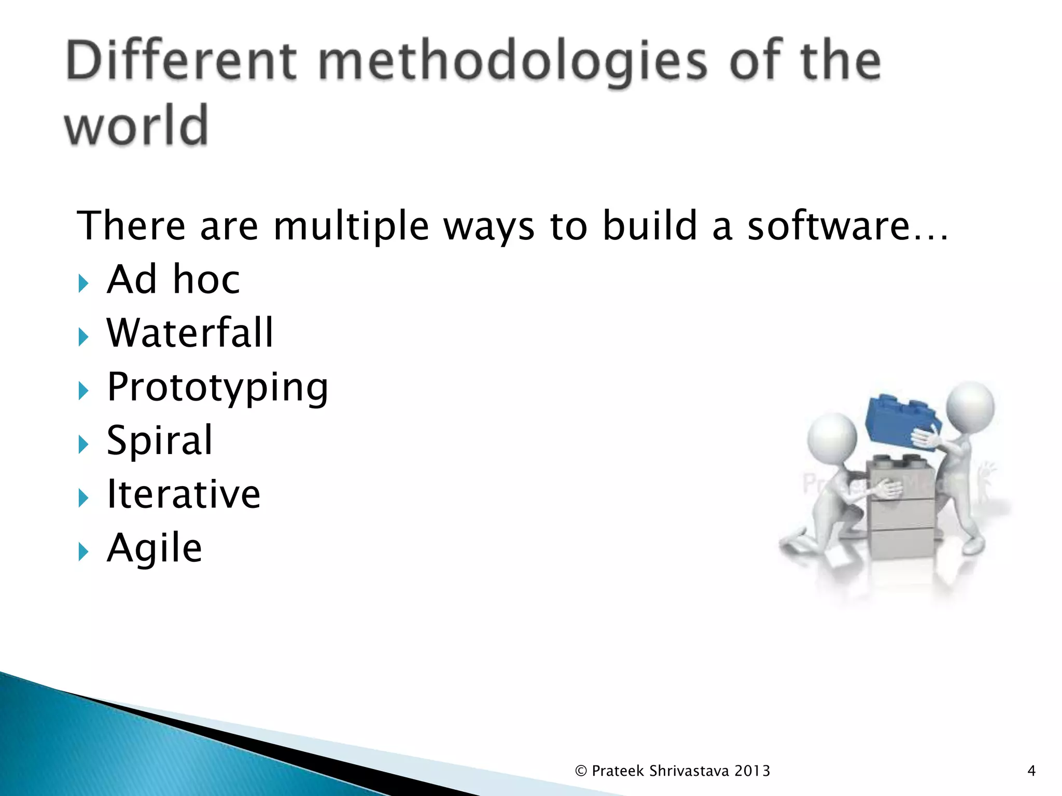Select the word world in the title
[136, 125]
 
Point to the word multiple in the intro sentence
[351, 227]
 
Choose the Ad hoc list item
[173, 279]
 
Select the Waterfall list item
[190, 333]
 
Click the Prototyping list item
[217, 388]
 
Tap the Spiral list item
[160, 440]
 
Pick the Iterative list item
[184, 494]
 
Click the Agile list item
[154, 548]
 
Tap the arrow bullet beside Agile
[83, 552]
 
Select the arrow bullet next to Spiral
[83, 445]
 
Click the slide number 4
[1031, 771]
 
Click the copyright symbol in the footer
[581, 771]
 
